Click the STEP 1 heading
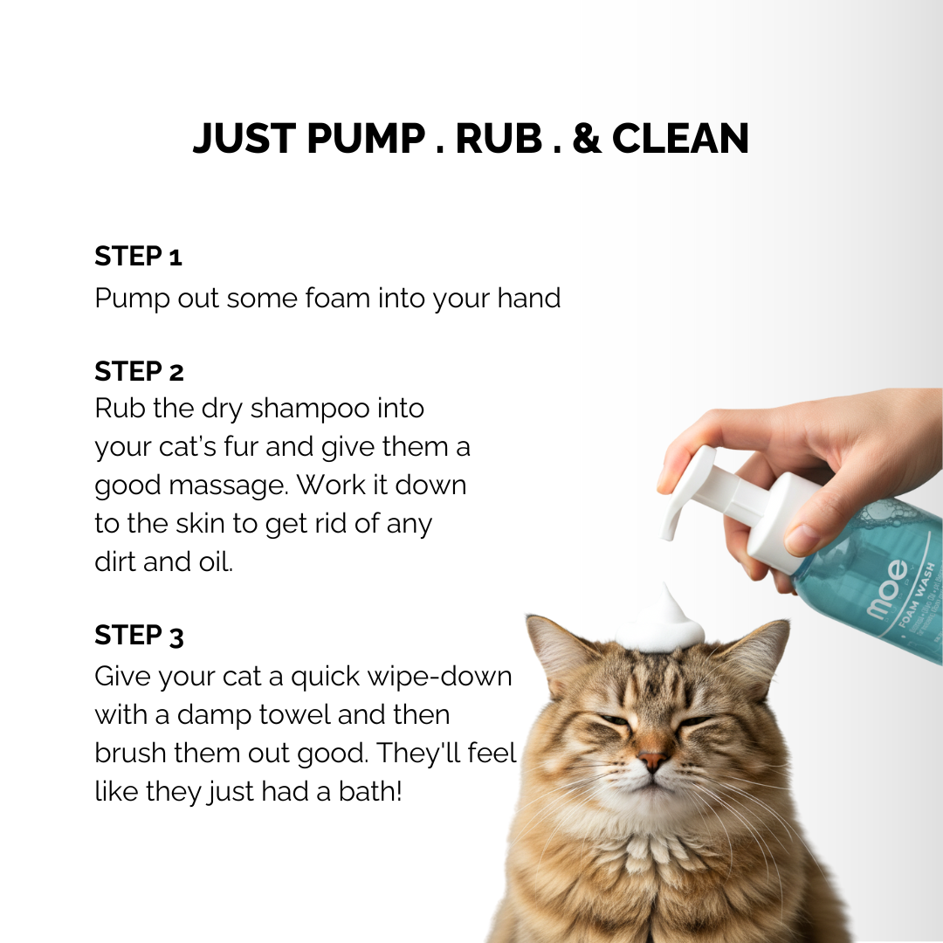[x=138, y=257]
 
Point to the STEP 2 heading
[x=139, y=371]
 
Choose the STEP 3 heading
[x=139, y=636]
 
